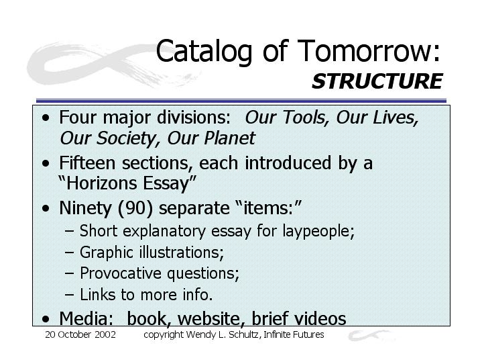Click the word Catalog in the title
[x=204, y=52]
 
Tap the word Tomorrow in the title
[x=365, y=50]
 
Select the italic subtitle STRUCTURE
[x=377, y=81]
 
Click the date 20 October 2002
[x=80, y=334]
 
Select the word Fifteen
[x=87, y=163]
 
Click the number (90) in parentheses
[x=135, y=208]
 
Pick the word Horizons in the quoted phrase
[x=101, y=183]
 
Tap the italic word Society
[x=129, y=138]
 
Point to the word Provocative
[x=121, y=273]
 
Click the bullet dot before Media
[x=46, y=319]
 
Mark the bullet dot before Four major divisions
[x=46, y=118]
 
